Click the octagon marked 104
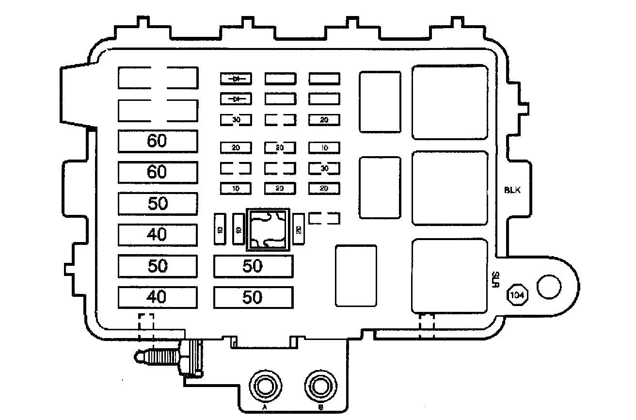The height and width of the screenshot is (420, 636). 517,294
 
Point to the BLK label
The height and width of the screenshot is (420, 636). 512,190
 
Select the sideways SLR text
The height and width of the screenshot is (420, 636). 495,279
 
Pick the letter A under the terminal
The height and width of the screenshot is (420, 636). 265,408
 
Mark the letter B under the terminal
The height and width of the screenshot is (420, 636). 320,408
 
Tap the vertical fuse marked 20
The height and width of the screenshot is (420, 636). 299,229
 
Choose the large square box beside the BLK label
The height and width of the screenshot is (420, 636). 449,188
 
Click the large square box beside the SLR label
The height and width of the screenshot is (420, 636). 449,275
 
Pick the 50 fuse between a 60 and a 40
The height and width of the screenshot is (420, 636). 158,203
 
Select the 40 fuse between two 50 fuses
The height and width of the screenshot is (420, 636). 158,234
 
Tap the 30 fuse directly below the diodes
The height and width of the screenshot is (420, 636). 236,119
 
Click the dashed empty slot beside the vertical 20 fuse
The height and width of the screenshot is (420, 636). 324,218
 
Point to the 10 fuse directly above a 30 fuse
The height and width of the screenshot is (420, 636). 324,147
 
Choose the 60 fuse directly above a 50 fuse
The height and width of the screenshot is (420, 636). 158,172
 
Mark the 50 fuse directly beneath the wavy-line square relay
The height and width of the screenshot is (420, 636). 253,266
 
